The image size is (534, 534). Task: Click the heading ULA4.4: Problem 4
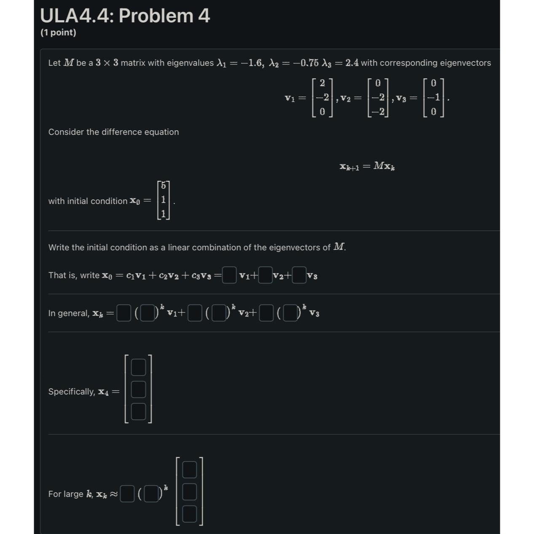coord(125,16)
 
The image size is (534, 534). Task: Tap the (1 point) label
coord(58,32)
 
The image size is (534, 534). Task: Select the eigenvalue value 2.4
coord(352,63)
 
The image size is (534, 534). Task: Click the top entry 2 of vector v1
coord(322,83)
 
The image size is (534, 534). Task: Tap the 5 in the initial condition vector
coord(164,186)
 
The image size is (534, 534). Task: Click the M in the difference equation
coord(378,166)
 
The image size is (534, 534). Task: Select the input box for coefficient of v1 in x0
coord(229,275)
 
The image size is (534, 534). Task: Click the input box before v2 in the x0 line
coord(265,275)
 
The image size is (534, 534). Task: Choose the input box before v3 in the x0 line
coord(299,275)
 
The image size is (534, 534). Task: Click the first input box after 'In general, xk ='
coord(123,314)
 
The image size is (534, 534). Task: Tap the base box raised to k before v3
coord(290,314)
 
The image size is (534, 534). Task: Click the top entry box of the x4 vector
coord(138,367)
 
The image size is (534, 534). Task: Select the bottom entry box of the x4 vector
coord(138,411)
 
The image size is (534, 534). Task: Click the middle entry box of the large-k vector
coord(189,491)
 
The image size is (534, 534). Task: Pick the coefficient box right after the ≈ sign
coord(127,494)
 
